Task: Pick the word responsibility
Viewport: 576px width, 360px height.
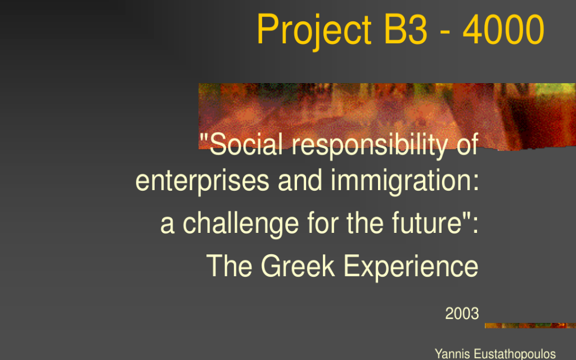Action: point(369,146)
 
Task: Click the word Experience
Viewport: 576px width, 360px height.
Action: point(411,266)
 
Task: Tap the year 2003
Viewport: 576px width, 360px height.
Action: point(462,313)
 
